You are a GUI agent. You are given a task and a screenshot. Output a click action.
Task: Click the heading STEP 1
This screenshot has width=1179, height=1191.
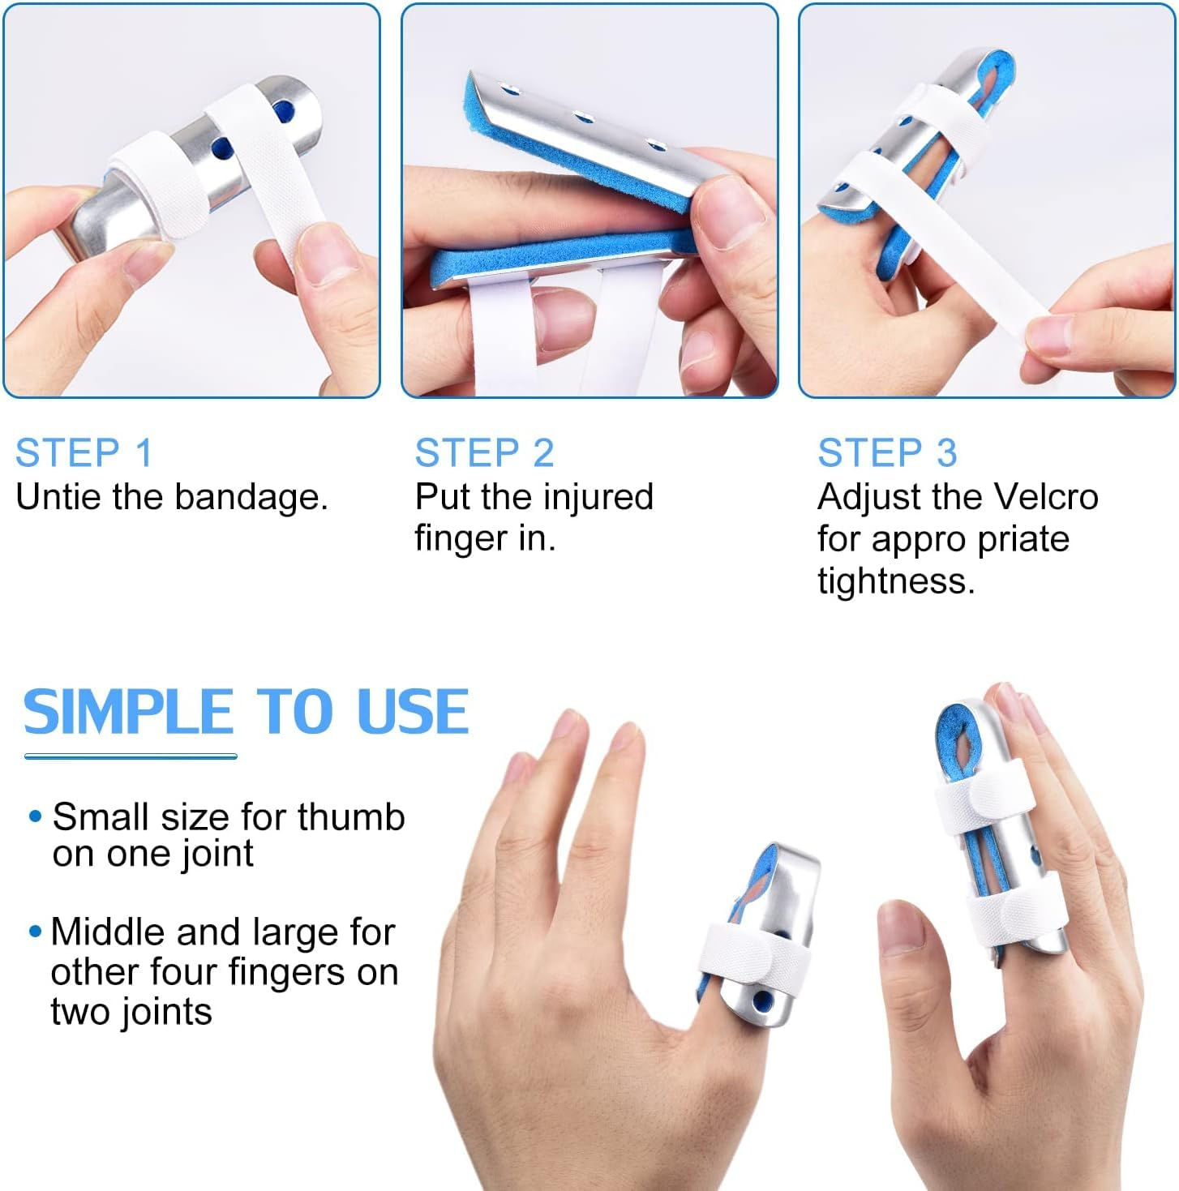click(84, 452)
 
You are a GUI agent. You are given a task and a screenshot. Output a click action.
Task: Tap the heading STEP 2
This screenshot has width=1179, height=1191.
click(484, 452)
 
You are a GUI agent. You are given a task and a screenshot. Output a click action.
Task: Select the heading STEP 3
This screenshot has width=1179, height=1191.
click(887, 452)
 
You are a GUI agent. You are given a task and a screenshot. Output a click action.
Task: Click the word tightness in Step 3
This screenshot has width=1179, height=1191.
click(896, 581)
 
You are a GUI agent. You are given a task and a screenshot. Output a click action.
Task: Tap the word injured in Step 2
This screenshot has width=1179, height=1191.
click(598, 497)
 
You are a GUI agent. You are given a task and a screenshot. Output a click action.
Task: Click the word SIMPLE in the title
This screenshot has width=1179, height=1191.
click(128, 713)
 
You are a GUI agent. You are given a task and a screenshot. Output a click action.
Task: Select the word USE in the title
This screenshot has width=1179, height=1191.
click(413, 713)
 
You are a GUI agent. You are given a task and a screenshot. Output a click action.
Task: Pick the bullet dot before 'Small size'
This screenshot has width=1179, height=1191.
click(35, 816)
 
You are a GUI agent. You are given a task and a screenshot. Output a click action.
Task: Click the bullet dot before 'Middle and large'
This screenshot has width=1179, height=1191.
click(35, 932)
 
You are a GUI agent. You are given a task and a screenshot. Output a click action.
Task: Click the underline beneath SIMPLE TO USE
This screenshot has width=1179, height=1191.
click(131, 756)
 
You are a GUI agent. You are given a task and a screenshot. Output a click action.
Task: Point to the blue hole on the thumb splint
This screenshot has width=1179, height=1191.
click(762, 1002)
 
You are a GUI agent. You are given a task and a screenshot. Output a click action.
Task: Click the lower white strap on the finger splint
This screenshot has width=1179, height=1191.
click(1014, 916)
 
